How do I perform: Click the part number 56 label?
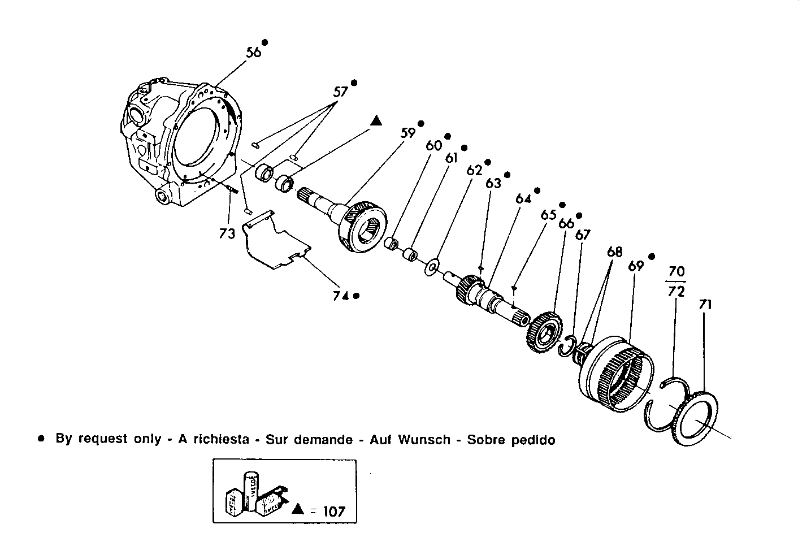click(x=254, y=51)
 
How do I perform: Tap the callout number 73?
click(x=227, y=233)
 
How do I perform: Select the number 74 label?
click(x=340, y=295)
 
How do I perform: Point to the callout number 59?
click(x=408, y=133)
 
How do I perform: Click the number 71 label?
click(x=705, y=305)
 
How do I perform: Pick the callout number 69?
click(x=636, y=266)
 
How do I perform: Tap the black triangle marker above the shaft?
click(x=376, y=120)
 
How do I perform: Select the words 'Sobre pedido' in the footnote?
click(x=511, y=440)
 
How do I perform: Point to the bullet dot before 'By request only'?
click(x=41, y=439)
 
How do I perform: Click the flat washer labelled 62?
click(x=433, y=266)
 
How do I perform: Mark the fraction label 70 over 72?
click(x=676, y=282)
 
